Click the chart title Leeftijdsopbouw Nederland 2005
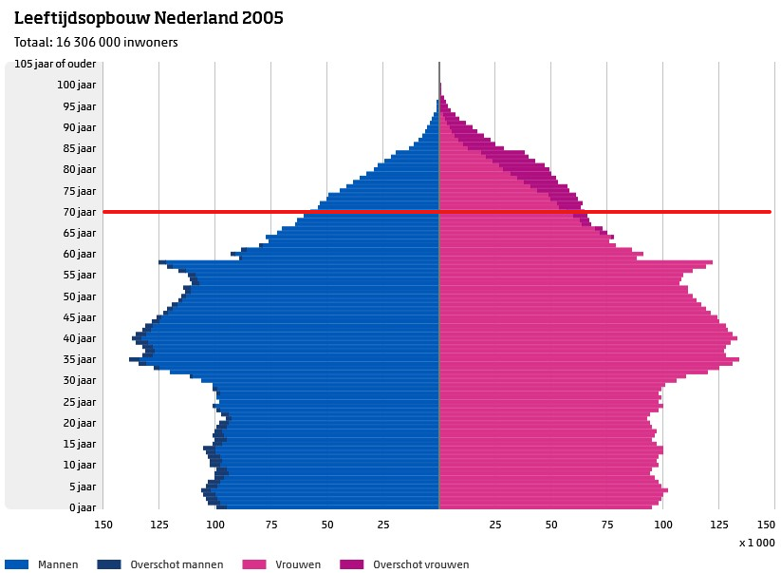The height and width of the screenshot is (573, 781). coord(148,18)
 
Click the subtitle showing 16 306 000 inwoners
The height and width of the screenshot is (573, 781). coord(96,42)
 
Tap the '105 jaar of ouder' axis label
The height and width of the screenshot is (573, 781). coord(55,64)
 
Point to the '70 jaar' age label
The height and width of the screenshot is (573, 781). coord(80,212)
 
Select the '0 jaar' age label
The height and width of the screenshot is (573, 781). coord(83,507)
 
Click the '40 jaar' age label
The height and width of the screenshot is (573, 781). coord(80,338)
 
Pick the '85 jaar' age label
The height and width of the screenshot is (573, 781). coord(80,148)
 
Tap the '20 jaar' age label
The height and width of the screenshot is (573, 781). coord(80,423)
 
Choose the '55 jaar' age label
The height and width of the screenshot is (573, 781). coord(80,275)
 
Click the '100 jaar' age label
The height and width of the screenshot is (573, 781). coord(77,85)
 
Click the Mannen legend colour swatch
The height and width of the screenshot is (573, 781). coord(16,564)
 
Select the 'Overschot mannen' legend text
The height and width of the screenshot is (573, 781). coord(177,564)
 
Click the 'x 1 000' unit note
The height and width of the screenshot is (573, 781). coord(756,543)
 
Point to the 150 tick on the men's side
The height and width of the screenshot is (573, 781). coord(103,524)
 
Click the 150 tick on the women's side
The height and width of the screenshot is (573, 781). coord(766,524)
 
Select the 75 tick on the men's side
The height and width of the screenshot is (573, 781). coord(271,524)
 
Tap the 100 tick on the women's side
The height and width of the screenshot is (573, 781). coord(662,524)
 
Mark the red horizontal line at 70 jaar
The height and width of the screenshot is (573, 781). coord(437,212)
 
